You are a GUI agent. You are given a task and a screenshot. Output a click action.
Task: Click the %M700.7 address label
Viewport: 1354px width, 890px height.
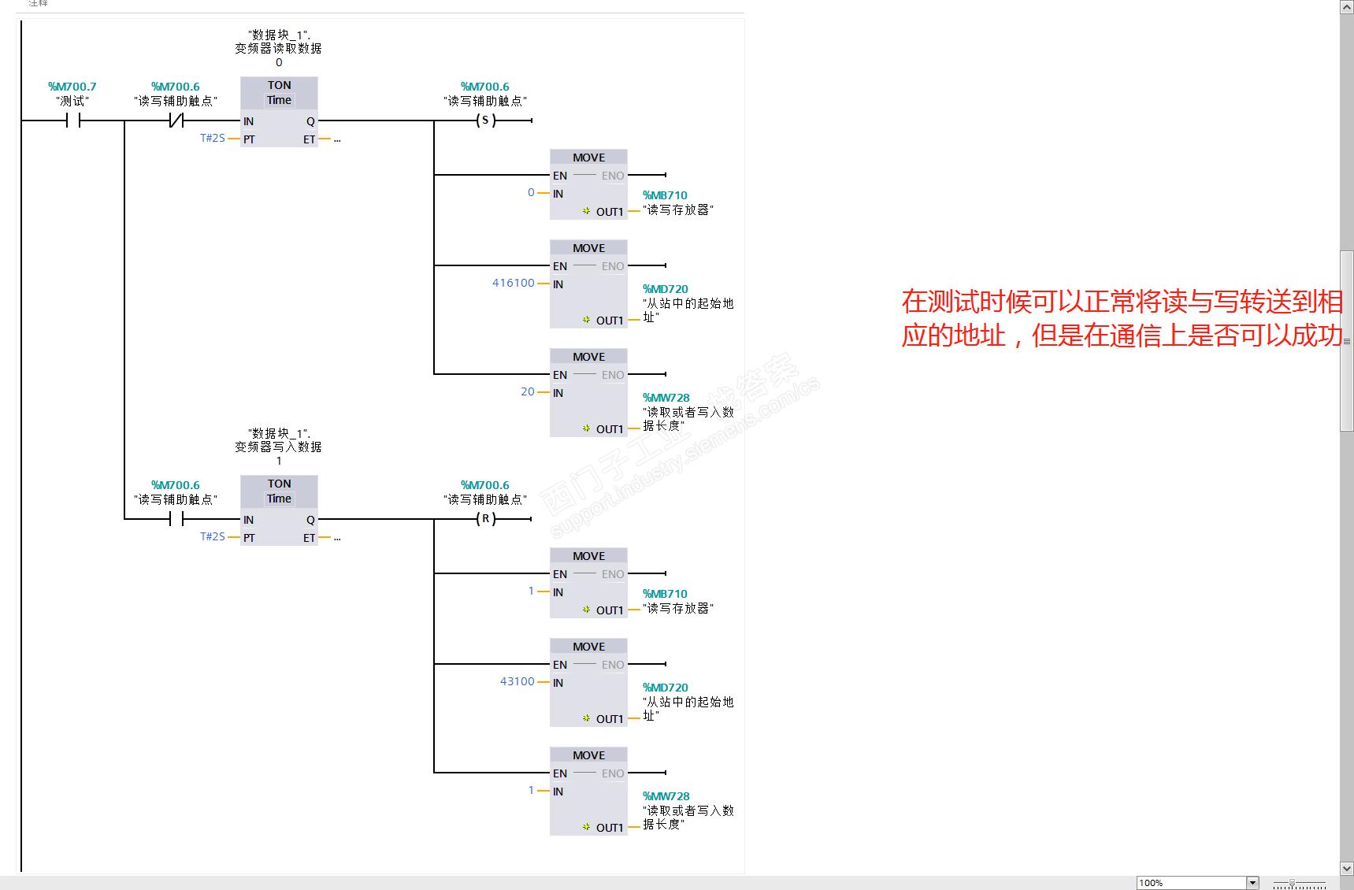72,87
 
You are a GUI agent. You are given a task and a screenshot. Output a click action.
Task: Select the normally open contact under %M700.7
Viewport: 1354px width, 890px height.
73,121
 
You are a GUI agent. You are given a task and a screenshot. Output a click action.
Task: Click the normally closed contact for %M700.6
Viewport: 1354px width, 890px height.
176,121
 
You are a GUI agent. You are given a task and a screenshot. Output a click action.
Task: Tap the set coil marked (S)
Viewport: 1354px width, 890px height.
485,121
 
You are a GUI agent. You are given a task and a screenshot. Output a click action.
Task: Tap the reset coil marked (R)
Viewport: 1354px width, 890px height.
485,519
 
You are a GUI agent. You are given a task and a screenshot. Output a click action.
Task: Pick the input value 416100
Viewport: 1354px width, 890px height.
513,283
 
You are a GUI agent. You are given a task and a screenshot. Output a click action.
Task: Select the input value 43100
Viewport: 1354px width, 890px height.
517,681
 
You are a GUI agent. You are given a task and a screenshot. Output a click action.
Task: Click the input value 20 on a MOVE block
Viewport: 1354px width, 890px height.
527,391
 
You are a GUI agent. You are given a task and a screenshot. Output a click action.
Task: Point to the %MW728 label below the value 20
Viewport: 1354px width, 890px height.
666,398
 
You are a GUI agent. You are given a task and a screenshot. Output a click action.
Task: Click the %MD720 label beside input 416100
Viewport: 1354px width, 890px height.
665,289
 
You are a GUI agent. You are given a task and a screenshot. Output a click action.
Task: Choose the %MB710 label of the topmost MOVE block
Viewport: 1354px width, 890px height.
665,195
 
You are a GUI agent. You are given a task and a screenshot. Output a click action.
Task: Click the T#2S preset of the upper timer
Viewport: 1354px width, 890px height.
212,138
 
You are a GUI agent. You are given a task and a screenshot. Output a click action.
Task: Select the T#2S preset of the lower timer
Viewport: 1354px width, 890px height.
212,536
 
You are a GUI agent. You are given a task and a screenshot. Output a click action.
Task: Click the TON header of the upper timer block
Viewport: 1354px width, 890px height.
279,85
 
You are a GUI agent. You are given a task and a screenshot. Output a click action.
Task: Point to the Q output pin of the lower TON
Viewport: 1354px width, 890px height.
310,520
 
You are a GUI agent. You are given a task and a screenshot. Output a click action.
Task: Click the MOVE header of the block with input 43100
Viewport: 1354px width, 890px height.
588,647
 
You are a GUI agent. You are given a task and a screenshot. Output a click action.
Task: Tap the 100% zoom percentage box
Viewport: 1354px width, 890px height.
1190,883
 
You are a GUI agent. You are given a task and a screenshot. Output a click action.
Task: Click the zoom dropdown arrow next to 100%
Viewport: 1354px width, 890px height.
1252,883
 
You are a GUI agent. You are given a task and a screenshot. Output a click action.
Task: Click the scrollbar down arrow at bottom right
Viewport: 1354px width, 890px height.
1347,869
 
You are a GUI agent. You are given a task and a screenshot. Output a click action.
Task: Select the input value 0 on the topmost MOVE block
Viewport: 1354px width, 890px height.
531,192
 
